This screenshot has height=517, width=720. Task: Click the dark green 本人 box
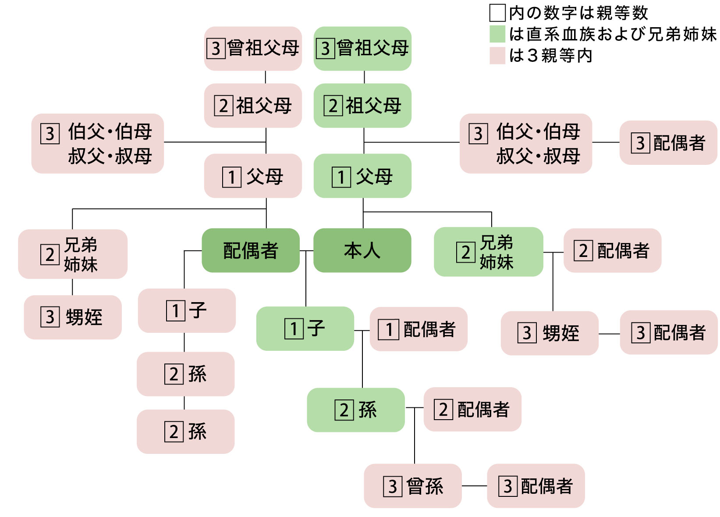(362, 250)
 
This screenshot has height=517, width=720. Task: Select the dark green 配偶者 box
(251, 250)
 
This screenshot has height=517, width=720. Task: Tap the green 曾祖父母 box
(362, 48)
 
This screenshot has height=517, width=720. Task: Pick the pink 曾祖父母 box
(253, 48)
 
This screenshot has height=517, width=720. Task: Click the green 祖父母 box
(362, 106)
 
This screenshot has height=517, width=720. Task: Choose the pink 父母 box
(253, 176)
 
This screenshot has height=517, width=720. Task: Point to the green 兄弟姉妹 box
(488, 252)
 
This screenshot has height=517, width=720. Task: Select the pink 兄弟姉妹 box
(73, 254)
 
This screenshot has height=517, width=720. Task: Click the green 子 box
(305, 328)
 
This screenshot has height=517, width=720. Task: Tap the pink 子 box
(187, 310)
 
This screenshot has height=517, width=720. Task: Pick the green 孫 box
(355, 410)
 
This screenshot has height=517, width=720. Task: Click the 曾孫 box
(413, 486)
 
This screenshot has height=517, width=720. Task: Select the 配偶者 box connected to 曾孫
(536, 486)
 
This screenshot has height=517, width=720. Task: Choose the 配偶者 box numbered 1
(419, 329)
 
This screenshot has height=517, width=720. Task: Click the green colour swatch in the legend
(497, 34)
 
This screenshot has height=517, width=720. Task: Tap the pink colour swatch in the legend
(497, 56)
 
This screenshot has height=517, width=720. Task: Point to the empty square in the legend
(497, 13)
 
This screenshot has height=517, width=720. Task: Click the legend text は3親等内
(550, 56)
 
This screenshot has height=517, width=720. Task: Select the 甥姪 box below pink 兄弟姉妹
(73, 317)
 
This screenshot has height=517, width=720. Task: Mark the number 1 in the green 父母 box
(341, 177)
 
